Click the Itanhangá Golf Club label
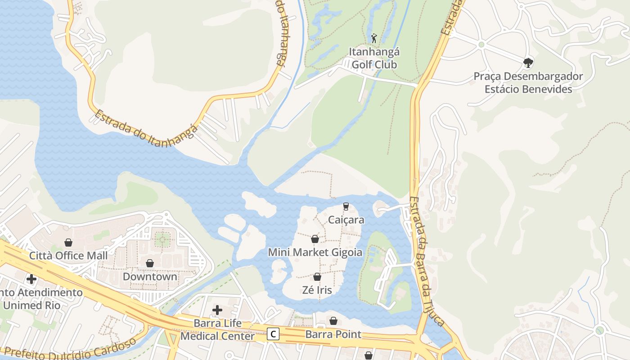click(374, 58)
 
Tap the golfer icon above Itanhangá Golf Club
click(373, 38)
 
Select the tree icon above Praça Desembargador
click(528, 63)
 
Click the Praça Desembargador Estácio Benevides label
click(528, 83)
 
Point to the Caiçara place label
click(346, 220)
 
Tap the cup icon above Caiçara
click(346, 207)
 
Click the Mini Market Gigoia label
click(315, 252)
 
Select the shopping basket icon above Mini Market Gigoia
click(315, 239)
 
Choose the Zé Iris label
click(317, 290)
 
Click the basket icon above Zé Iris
click(317, 277)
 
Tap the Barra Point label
click(333, 334)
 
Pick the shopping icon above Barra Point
click(333, 321)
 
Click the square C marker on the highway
click(273, 334)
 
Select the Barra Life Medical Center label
click(217, 330)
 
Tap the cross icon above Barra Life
click(217, 310)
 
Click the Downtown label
click(150, 276)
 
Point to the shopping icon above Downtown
click(150, 263)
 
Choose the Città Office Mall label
click(68, 256)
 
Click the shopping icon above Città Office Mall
click(68, 243)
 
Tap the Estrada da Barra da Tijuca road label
click(427, 261)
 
